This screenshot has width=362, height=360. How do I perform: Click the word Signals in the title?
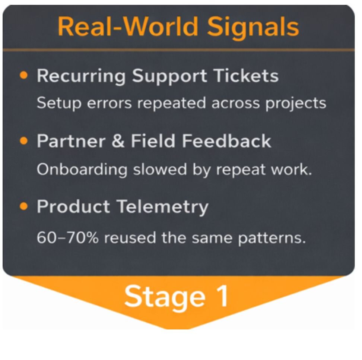point(253,27)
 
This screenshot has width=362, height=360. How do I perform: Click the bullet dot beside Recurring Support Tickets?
point(24,76)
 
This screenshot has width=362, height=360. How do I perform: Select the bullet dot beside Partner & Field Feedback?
point(24,141)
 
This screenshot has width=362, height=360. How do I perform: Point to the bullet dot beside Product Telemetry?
point(24,206)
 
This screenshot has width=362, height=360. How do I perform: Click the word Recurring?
point(81,76)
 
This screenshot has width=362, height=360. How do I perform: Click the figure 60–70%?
point(68,237)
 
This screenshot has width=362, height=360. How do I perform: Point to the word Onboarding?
point(82,170)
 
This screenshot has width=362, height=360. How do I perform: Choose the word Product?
point(73,207)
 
